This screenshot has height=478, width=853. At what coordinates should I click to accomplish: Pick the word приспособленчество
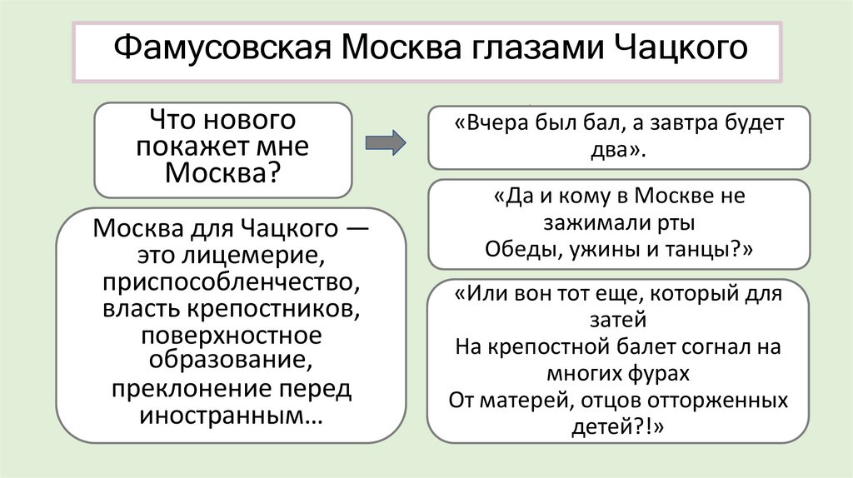coord(232,282)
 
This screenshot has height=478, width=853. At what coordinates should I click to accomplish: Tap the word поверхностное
coord(231,336)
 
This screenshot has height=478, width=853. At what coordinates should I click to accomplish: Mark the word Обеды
coord(518,251)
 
